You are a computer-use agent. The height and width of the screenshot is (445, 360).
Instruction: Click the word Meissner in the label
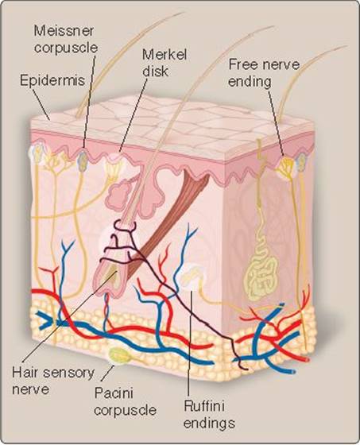tap(64, 31)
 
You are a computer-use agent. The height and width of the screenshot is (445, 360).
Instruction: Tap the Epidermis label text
tap(52, 80)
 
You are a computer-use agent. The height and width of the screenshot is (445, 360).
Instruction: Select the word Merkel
tap(165, 55)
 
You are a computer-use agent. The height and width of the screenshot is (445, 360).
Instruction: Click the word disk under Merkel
tap(155, 72)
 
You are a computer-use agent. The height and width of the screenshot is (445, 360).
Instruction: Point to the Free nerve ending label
tap(264, 73)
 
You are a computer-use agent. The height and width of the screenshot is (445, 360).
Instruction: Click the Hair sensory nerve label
tap(53, 381)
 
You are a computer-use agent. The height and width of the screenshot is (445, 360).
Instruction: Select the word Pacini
tap(114, 393)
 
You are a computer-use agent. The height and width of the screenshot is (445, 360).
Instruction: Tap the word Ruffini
tap(204, 406)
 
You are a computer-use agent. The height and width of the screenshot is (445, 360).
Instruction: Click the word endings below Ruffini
tap(209, 424)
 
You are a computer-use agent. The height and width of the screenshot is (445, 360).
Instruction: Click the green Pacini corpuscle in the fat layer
tap(119, 355)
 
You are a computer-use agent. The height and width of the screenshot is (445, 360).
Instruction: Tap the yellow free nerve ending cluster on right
tap(286, 166)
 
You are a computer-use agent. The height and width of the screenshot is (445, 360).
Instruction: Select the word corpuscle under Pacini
tap(126, 410)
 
